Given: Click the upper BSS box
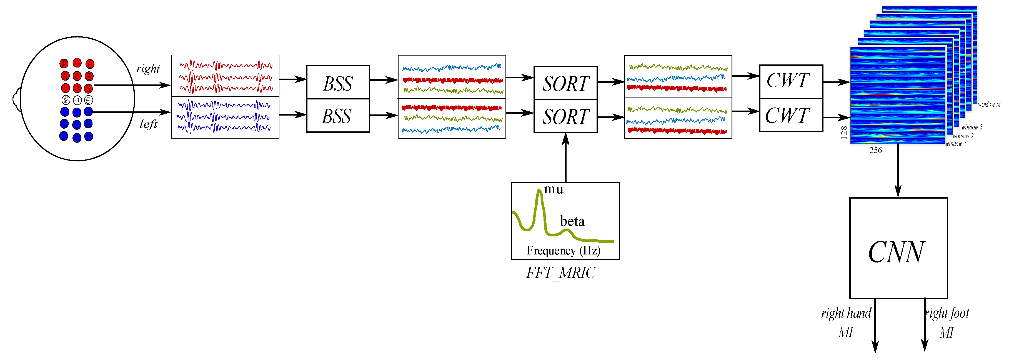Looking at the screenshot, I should click(338, 82).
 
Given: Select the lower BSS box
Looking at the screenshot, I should click(338, 116).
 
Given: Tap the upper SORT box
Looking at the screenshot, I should click(565, 83).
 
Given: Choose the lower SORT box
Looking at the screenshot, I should click(565, 116).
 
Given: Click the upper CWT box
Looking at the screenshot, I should click(790, 81).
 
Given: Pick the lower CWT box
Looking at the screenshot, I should click(790, 115).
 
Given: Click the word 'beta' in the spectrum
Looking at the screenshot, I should click(572, 222).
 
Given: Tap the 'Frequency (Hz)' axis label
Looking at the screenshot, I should click(563, 250).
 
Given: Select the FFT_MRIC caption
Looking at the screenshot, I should click(560, 273).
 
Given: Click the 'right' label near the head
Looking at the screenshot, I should click(148, 69).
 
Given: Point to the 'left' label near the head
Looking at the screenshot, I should click(149, 124).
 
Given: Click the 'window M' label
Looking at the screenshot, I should click(989, 105).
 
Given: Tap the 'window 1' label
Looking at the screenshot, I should click(956, 144).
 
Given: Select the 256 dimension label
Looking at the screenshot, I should click(875, 151).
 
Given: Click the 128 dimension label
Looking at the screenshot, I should click(844, 133).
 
